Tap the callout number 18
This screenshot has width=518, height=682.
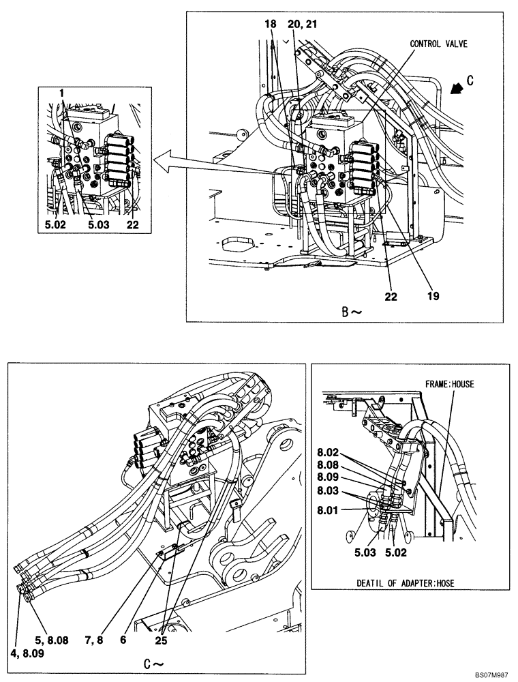click(271, 24)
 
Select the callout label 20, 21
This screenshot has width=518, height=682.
click(302, 24)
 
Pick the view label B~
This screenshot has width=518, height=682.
click(351, 312)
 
